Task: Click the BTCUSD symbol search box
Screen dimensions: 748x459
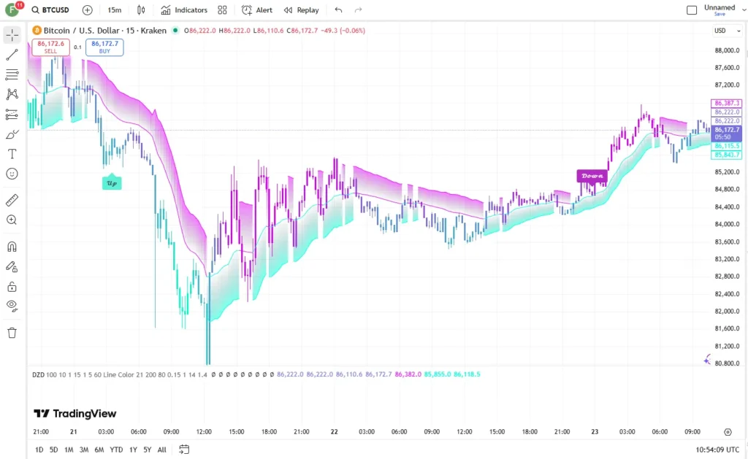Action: coord(50,10)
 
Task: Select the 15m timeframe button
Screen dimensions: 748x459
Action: coord(115,10)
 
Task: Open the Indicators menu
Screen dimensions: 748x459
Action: coord(184,10)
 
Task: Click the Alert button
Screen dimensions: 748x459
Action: coord(257,10)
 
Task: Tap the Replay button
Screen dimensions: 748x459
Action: coord(301,10)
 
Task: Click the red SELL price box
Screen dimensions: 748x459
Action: coord(50,47)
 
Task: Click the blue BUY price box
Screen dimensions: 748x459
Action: coord(104,47)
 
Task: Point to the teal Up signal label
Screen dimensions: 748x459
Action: coord(112,182)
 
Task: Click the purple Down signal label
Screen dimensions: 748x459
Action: coord(592,176)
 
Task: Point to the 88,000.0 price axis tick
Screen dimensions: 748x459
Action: coord(727,50)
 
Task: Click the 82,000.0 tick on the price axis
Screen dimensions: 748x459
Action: coord(727,312)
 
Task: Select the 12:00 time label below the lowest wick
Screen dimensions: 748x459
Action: coord(204,432)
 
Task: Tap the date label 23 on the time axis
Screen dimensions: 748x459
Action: coord(595,432)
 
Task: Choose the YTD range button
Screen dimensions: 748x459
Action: coord(116,450)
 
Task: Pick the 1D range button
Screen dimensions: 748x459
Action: coord(39,450)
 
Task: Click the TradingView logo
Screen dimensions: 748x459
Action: coord(75,413)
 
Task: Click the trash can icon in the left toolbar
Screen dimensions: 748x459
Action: coord(12,333)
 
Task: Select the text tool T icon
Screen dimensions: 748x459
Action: coord(12,154)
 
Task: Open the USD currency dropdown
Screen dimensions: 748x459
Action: coord(727,31)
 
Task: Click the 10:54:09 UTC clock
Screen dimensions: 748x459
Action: coord(717,450)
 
